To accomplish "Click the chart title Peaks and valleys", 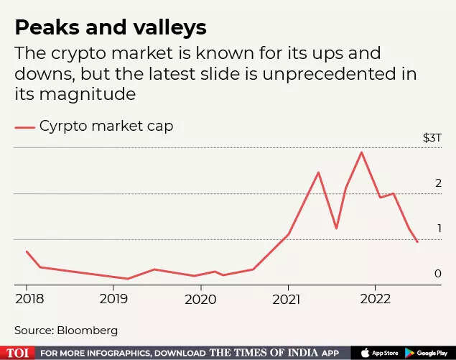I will pos(111,28).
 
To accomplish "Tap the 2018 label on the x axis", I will pos(27,297).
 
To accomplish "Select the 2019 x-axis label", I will pos(113,297).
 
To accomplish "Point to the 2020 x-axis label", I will pos(201,297).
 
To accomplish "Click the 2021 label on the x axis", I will pos(288,297).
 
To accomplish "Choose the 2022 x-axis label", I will pos(376,297).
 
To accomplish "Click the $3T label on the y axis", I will pos(432,137).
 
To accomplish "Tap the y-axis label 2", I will pos(437,184).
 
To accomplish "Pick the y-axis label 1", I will pos(437,229).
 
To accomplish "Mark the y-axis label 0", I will pos(437,274).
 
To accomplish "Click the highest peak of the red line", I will pos(361,152).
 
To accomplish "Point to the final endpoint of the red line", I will pos(417,242).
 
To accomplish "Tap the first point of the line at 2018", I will pos(26,251).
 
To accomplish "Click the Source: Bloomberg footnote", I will pos(66,331).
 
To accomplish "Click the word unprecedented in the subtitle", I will pos(301,75).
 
